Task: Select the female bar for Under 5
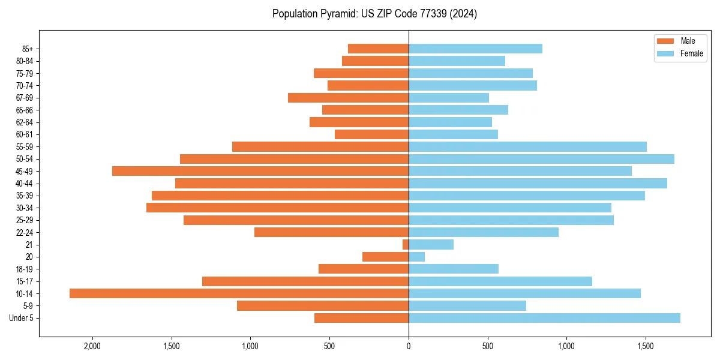[x=544, y=318]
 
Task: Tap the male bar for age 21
[x=406, y=244]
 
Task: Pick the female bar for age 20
[x=416, y=257]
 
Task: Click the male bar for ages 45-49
[x=260, y=171]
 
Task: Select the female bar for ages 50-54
[x=541, y=159]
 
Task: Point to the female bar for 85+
[x=475, y=49]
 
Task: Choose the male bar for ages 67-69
[x=348, y=98]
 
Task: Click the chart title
[x=374, y=14]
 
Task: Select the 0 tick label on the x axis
[x=409, y=346]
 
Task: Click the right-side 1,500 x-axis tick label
[x=646, y=346]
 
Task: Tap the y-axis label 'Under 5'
[x=21, y=318]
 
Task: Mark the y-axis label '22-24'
[x=24, y=232]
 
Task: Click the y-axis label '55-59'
[x=24, y=146]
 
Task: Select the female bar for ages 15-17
[x=500, y=281]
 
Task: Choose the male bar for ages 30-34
[x=277, y=208]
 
